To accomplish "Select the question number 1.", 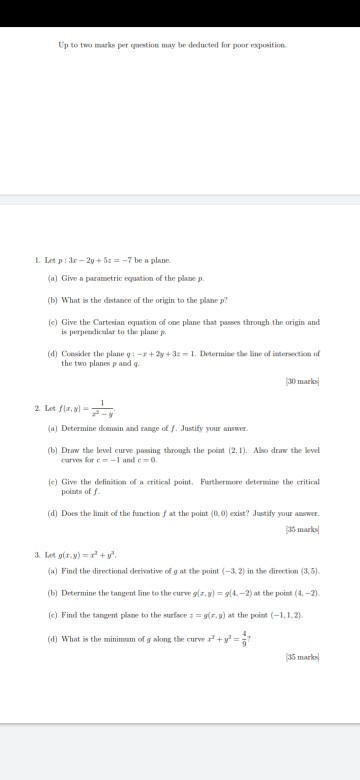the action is pyautogui.click(x=36, y=260).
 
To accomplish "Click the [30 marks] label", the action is pyautogui.click(x=301, y=385).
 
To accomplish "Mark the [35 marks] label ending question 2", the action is pyautogui.click(x=301, y=527).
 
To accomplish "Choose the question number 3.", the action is pyautogui.click(x=36, y=553).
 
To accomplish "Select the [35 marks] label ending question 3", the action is pyautogui.click(x=301, y=657).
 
